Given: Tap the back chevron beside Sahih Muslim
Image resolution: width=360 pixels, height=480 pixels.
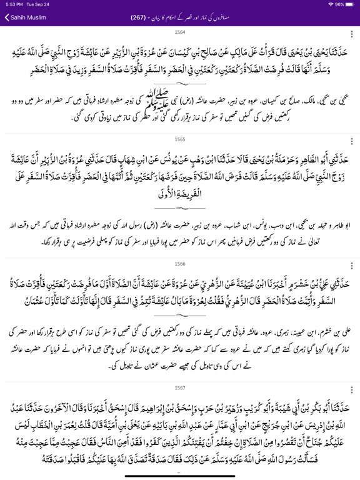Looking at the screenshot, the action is point(7,17).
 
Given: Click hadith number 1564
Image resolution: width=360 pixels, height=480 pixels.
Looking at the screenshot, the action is point(180,31).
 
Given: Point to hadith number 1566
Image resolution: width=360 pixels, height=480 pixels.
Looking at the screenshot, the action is point(180,264).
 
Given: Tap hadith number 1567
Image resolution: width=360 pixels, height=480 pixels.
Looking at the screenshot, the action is point(180,387).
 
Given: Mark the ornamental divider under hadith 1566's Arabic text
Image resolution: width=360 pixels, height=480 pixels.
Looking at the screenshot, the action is point(180,316).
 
